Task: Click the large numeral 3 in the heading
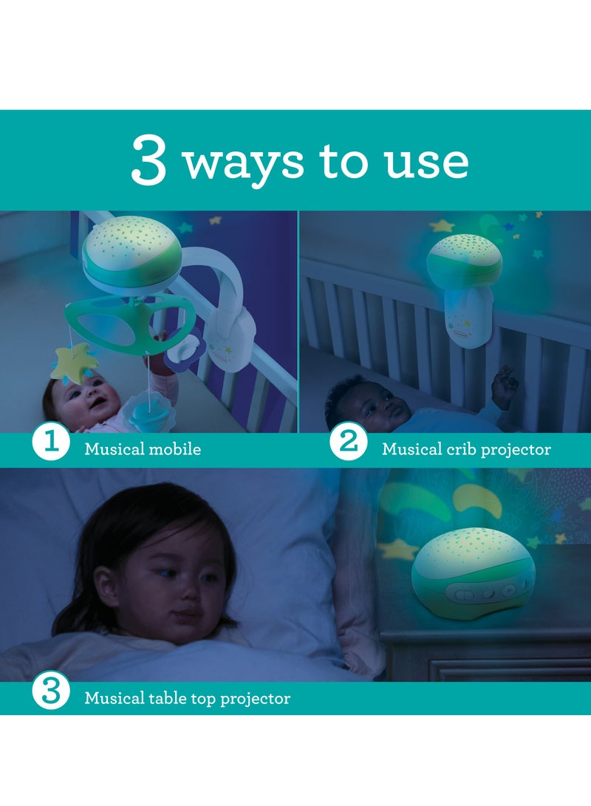tap(148, 160)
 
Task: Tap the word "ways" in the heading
tap(243, 163)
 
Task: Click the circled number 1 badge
tap(51, 442)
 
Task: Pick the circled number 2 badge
tap(349, 442)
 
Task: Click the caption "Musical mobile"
tap(143, 448)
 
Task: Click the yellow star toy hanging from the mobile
tap(76, 363)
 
